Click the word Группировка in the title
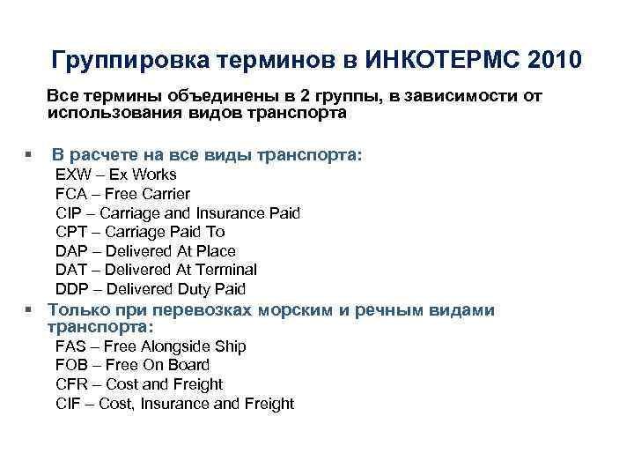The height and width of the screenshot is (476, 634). pos(121,61)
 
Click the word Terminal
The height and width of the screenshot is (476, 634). pos(226,270)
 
